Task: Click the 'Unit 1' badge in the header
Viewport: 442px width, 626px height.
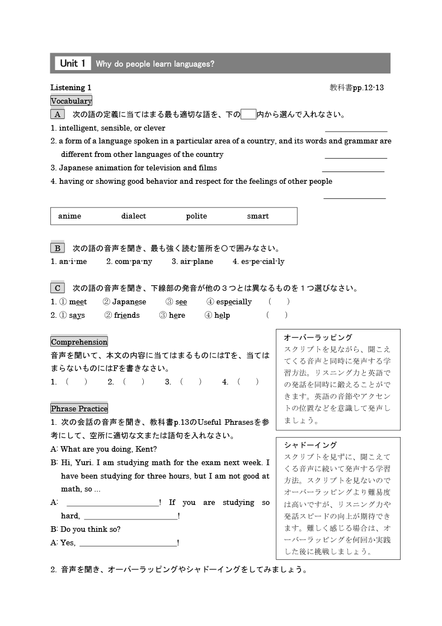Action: [72, 63]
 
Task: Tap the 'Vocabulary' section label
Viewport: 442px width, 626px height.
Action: [71, 101]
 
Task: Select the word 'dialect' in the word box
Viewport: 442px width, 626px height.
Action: [134, 216]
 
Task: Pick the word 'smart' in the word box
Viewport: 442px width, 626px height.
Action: [258, 216]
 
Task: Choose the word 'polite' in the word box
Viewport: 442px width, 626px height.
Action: [196, 216]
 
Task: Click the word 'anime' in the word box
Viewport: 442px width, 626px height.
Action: [69, 216]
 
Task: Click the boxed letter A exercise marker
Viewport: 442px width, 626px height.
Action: [58, 114]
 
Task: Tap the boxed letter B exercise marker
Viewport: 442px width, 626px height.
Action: [58, 248]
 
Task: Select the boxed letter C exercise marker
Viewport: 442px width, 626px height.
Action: [58, 289]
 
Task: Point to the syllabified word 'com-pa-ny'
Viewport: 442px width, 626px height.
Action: [129, 262]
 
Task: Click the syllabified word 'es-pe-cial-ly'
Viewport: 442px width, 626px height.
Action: [258, 262]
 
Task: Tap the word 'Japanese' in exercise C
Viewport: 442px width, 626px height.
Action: [129, 302]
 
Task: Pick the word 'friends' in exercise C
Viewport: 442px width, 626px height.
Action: [127, 316]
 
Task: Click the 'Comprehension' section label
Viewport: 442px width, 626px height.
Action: [79, 342]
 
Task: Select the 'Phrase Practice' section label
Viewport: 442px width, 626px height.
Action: [79, 409]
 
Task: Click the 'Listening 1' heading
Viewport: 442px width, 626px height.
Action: [70, 87]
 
